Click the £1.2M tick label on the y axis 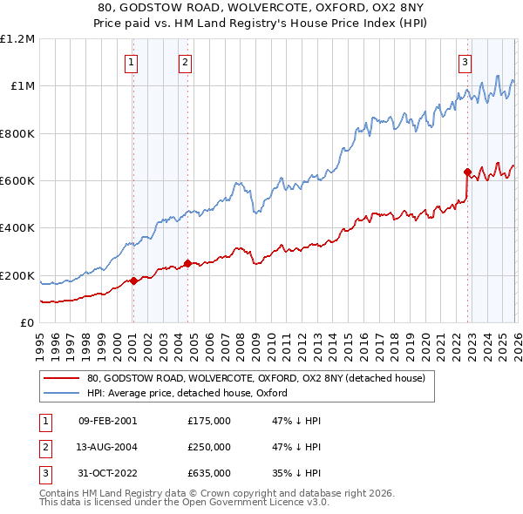point(18,39)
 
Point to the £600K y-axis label point(18,181)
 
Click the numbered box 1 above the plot point(131,62)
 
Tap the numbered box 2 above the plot point(186,62)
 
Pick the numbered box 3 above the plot point(465,62)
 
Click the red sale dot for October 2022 point(467,172)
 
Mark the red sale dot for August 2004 point(187,263)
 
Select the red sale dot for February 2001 point(133,281)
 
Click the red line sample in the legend point(61,378)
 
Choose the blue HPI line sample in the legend point(61,393)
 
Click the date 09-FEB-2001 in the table point(107,421)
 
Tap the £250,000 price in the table point(209,447)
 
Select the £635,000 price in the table point(209,473)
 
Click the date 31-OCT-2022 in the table point(107,473)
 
